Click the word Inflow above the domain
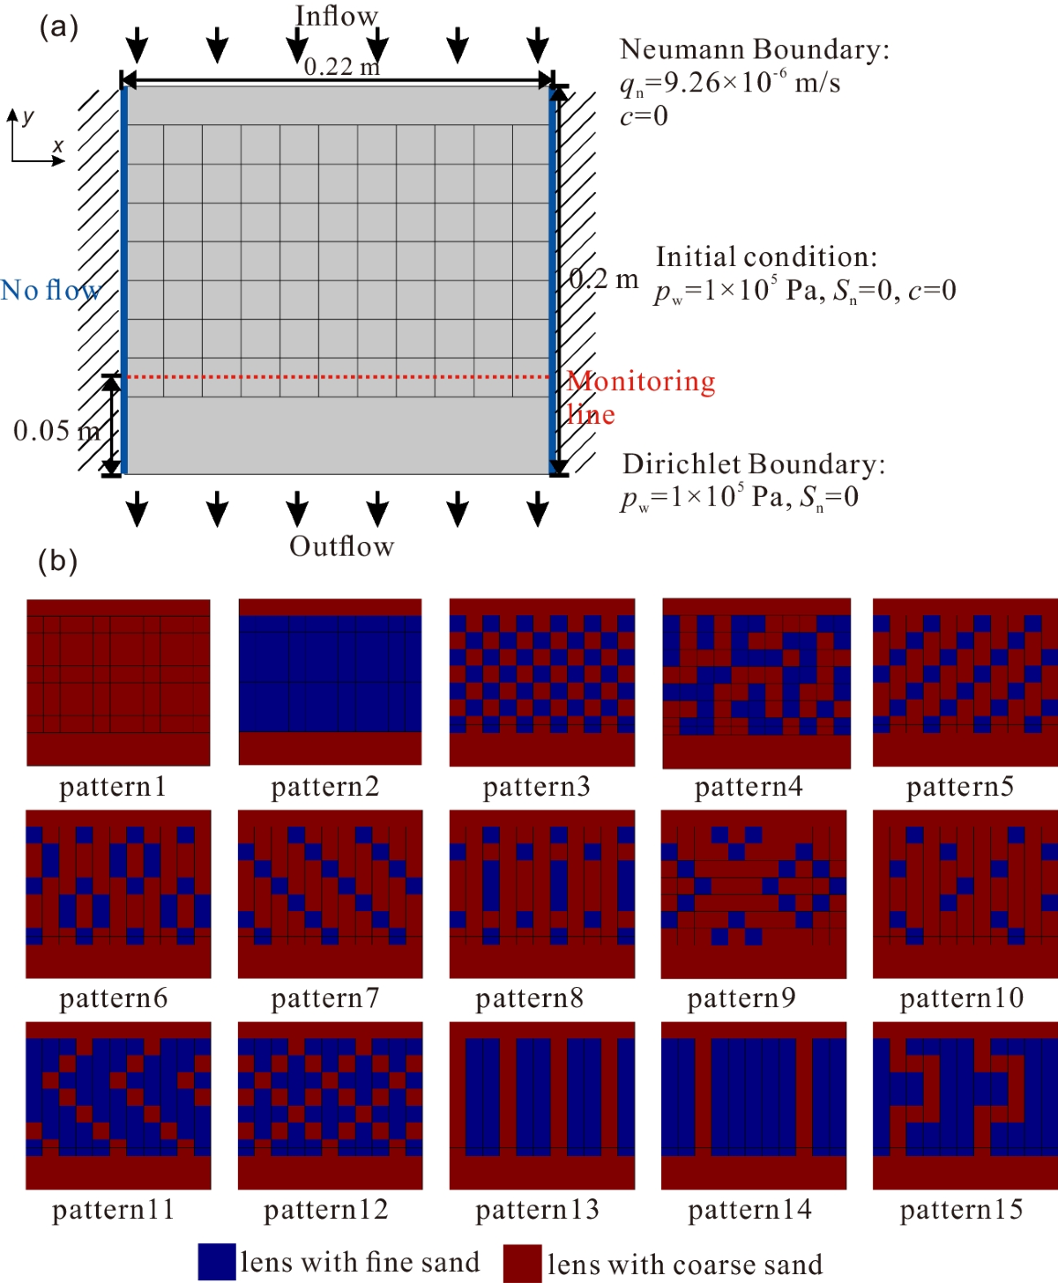click(x=336, y=16)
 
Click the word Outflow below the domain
click(x=342, y=546)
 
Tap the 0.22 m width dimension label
click(x=341, y=66)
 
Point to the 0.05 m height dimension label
click(x=56, y=431)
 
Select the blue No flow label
click(x=50, y=290)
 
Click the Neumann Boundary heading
click(x=755, y=49)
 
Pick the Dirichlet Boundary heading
click(x=754, y=464)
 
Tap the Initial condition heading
click(x=766, y=256)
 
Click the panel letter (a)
click(x=59, y=26)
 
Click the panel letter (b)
click(x=58, y=560)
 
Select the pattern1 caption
click(x=113, y=786)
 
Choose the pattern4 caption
click(x=749, y=786)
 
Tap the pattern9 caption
click(x=741, y=997)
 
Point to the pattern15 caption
click(x=961, y=1209)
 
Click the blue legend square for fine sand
click(x=217, y=1262)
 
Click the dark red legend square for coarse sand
click(x=522, y=1264)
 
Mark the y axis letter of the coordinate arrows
click(x=28, y=116)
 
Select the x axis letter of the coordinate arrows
click(x=58, y=145)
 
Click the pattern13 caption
click(x=537, y=1209)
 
